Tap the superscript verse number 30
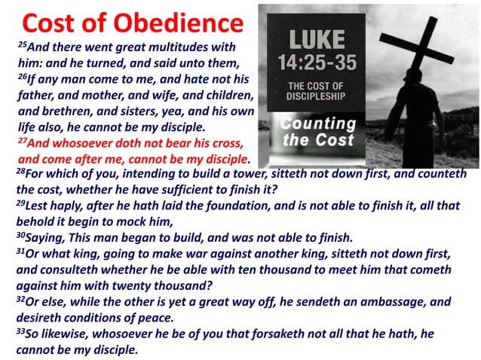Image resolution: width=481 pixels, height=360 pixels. click(x=20, y=234)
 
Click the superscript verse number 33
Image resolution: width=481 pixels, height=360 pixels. click(x=20, y=330)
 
